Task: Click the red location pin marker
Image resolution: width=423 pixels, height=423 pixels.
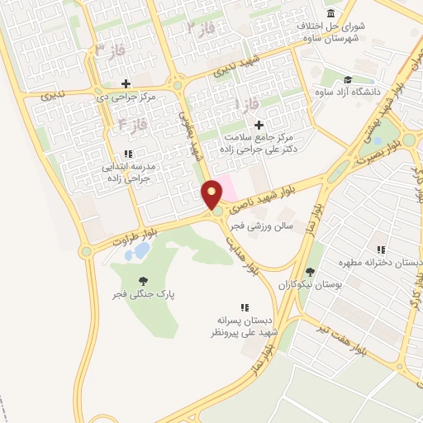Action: coord(212,195)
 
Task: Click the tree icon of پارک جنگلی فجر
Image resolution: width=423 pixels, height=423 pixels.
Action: coord(145,280)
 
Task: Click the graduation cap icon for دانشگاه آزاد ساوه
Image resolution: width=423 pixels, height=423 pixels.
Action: coord(349,78)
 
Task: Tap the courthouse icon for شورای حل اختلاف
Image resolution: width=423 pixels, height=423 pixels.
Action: coord(331,14)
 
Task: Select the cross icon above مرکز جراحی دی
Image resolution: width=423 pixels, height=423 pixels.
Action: coord(126,83)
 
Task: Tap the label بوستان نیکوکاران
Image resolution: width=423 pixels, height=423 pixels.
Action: coord(312,283)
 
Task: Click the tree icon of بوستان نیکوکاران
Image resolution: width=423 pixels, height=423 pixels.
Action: coord(310,271)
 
